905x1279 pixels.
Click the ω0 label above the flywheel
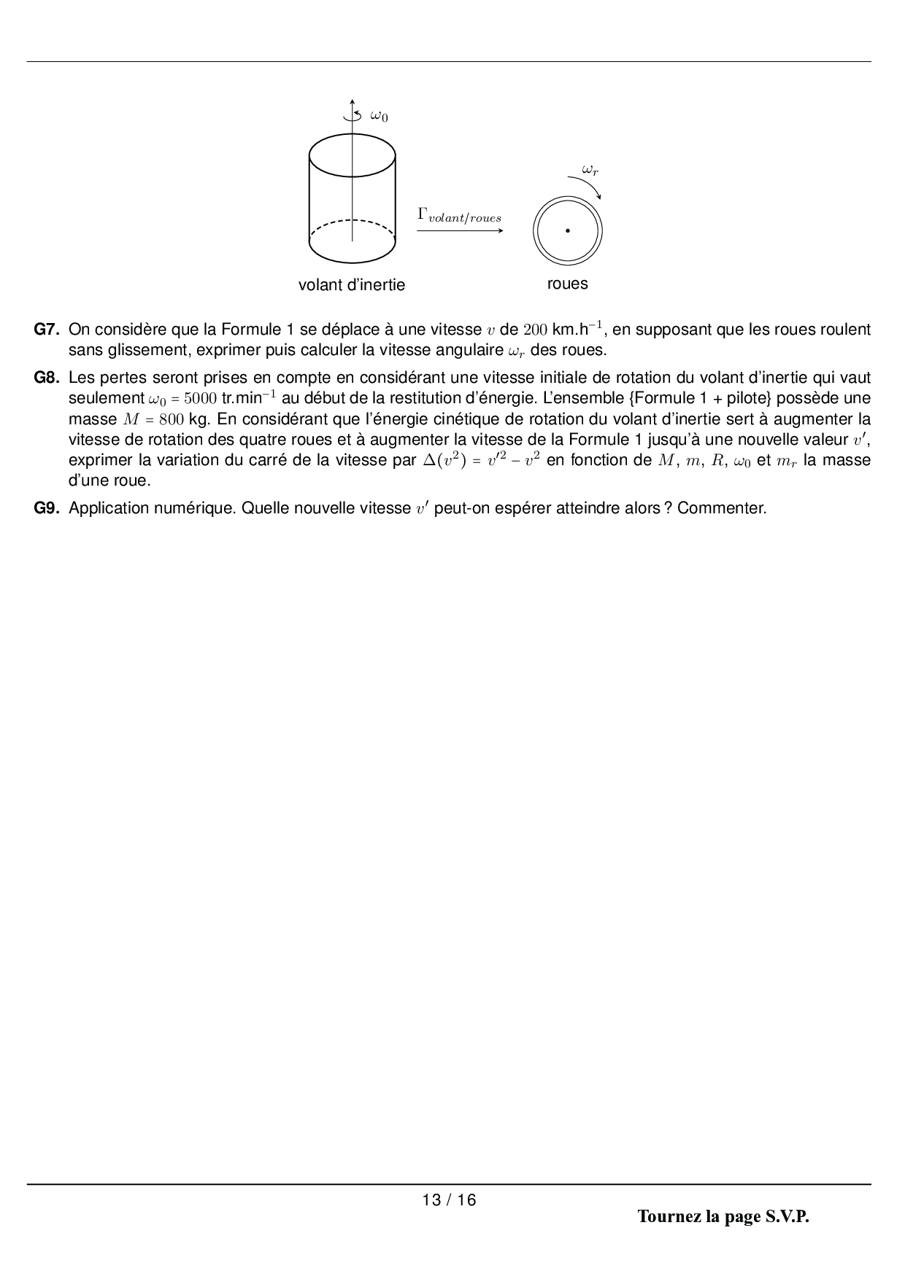[x=379, y=115]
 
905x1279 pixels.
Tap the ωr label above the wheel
[x=590, y=169]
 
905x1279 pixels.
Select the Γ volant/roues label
[x=459, y=215]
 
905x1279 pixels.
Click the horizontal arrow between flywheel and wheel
[x=460, y=231]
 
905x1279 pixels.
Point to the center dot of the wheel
[x=567, y=231]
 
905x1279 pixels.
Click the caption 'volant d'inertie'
[x=352, y=284]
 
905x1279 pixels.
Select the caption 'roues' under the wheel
[x=567, y=284]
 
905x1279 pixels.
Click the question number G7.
[x=47, y=330]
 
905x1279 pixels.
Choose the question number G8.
[x=47, y=378]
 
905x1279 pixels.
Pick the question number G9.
[x=47, y=508]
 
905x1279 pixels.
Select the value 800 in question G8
[x=171, y=419]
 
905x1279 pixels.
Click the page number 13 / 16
[x=449, y=1200]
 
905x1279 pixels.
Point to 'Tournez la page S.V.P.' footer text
[x=723, y=1217]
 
